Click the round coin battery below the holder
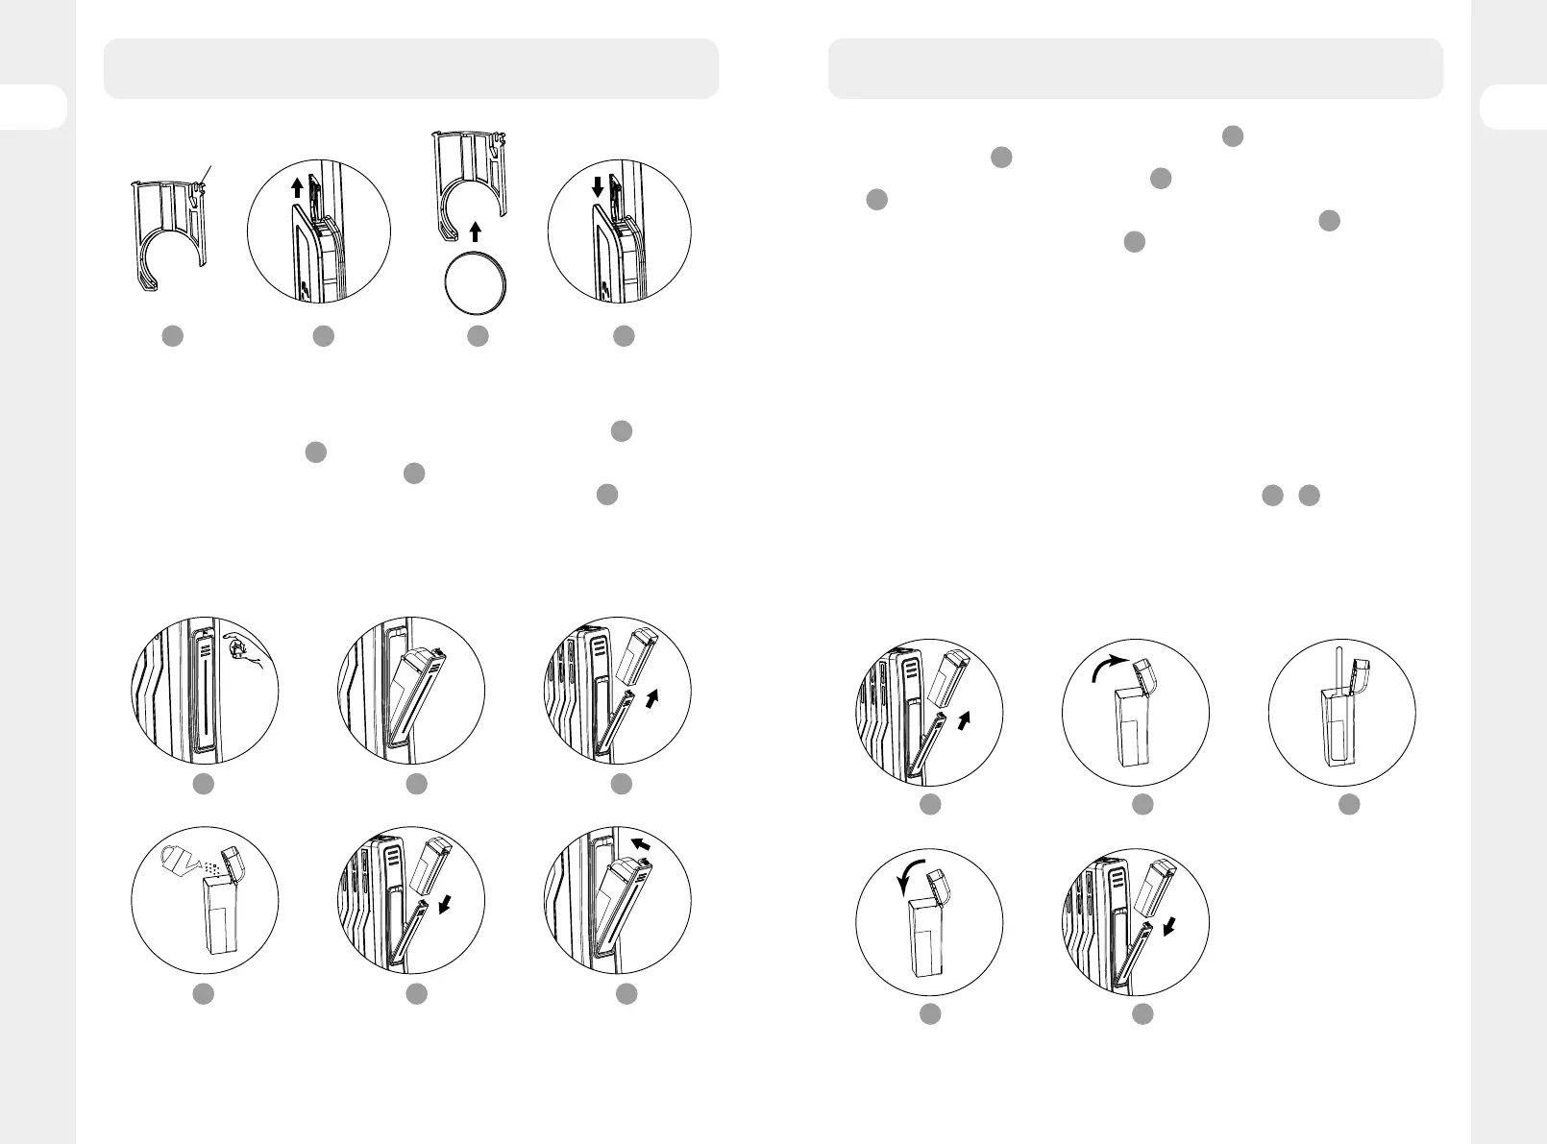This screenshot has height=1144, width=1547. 475,284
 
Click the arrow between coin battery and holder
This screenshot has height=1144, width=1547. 475,231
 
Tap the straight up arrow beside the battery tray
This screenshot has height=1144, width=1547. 297,186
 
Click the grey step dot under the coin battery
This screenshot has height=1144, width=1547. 478,336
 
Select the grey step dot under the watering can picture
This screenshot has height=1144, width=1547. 203,995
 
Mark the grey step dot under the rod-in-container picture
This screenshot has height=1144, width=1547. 1349,805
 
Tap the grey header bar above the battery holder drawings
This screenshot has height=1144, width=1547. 411,68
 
